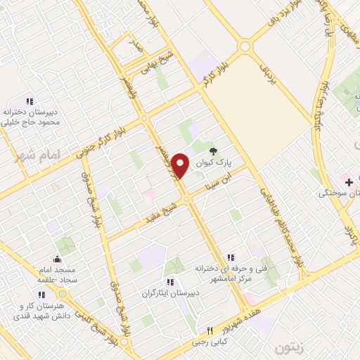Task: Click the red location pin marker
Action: pyautogui.click(x=181, y=165)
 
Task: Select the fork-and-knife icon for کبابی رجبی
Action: pyautogui.click(x=209, y=330)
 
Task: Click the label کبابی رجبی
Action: pyautogui.click(x=208, y=343)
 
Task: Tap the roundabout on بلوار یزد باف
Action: pyautogui.click(x=245, y=47)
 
